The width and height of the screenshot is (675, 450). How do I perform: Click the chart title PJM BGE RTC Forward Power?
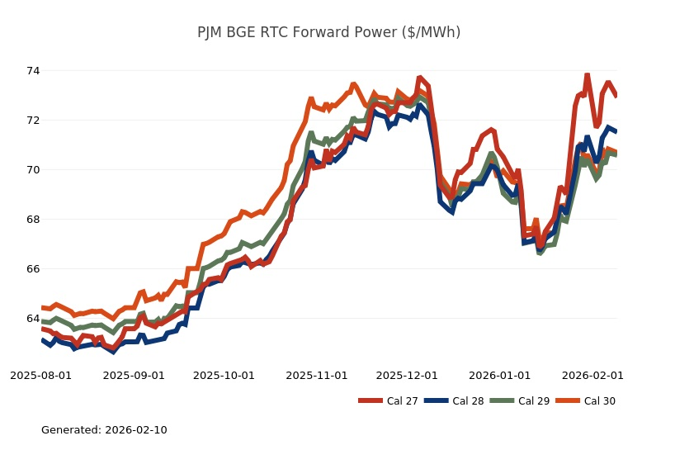click(x=328, y=32)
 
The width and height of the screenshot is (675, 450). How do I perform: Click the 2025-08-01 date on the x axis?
click(x=40, y=375)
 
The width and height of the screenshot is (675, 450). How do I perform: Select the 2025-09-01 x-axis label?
click(x=134, y=375)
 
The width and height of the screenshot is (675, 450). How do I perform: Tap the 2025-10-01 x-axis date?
click(x=224, y=375)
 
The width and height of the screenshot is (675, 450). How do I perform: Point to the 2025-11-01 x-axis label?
click(x=317, y=375)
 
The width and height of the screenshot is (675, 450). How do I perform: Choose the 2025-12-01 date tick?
click(x=407, y=375)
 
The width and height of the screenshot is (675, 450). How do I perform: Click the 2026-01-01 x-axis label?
click(x=499, y=375)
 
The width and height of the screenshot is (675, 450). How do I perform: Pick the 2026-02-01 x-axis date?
click(x=592, y=375)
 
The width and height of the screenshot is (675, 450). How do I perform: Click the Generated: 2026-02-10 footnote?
click(x=104, y=430)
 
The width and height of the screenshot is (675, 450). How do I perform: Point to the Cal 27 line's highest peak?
click(x=588, y=75)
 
